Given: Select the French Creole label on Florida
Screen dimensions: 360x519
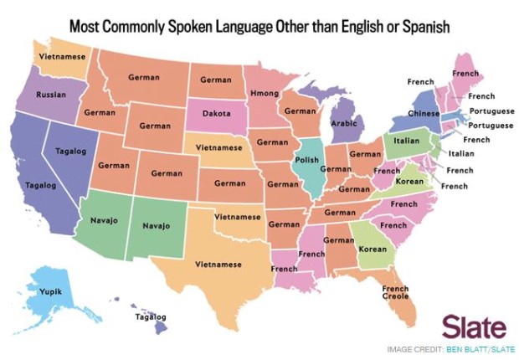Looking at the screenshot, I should [x=394, y=294].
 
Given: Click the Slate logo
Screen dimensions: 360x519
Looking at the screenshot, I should [x=473, y=327].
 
